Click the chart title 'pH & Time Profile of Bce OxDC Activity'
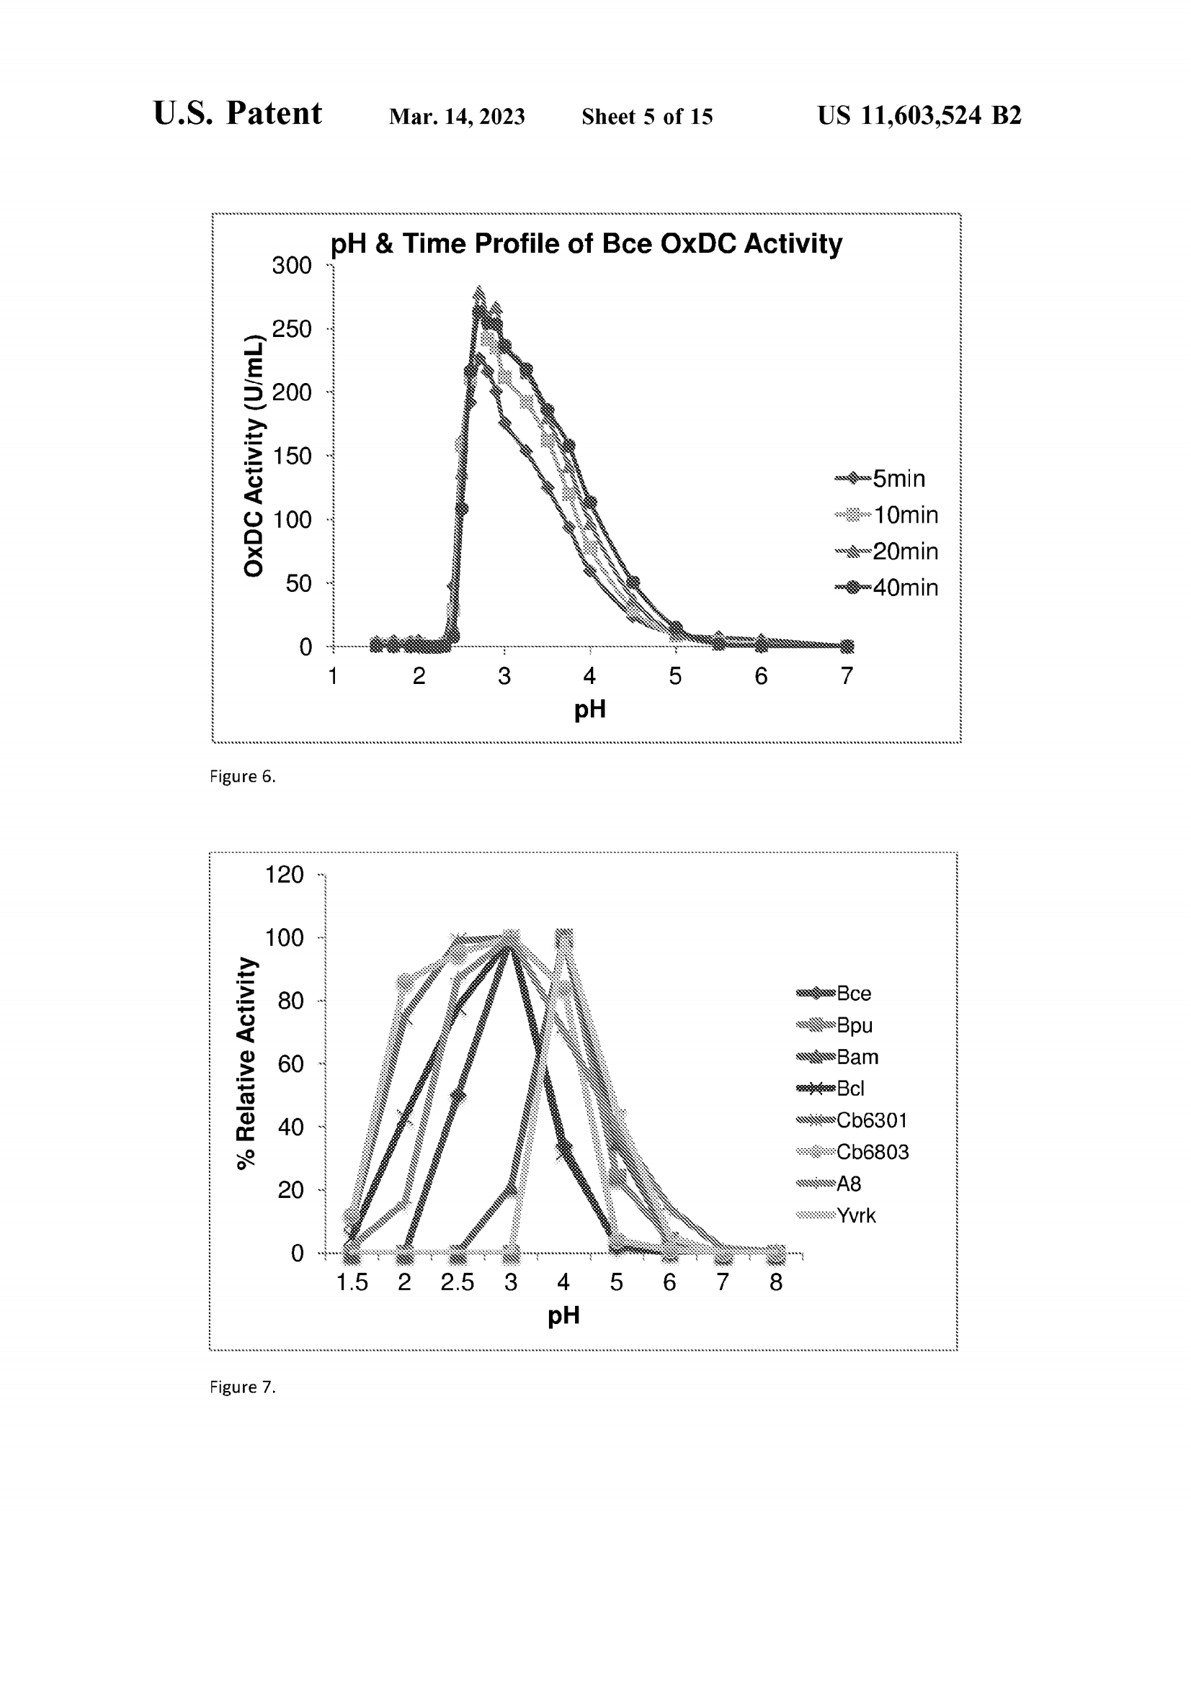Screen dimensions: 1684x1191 click(586, 243)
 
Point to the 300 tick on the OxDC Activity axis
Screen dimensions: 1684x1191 click(292, 266)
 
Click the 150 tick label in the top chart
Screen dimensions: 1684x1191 click(292, 456)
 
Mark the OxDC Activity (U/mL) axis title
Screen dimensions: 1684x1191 click(253, 456)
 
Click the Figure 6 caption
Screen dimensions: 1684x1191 click(242, 777)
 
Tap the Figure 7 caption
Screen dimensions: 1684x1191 click(242, 1387)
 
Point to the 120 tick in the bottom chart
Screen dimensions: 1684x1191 click(285, 874)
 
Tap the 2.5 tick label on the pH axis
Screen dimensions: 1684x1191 click(458, 1282)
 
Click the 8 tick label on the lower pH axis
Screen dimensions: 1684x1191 click(776, 1282)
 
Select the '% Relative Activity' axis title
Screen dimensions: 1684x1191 click(246, 1063)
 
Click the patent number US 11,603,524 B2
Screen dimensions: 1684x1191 click(919, 115)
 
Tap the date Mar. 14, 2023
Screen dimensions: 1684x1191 click(456, 117)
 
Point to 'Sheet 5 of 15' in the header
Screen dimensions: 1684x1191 click(646, 117)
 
